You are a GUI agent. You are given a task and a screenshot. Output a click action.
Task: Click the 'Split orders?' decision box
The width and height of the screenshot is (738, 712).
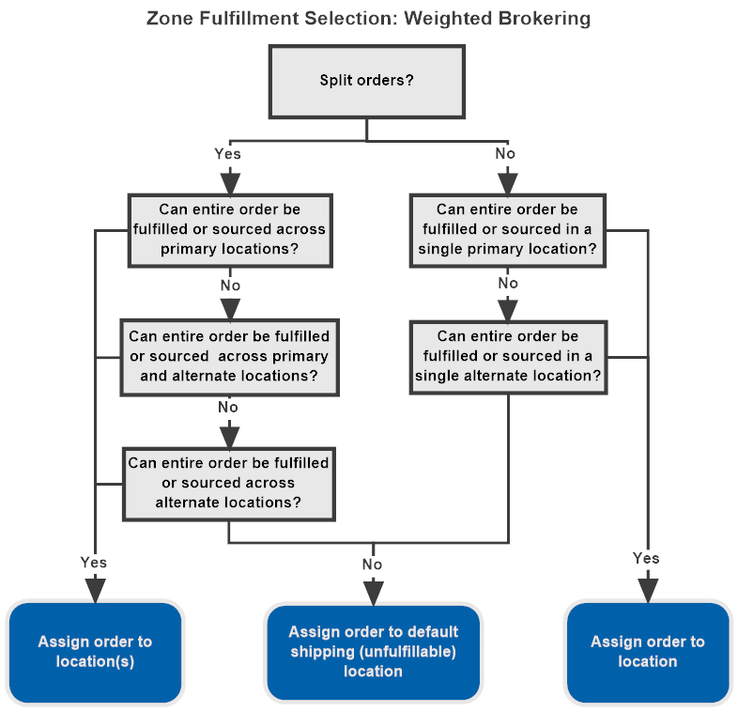366,80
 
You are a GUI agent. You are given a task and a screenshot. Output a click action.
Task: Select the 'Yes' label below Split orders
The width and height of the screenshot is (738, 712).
228,153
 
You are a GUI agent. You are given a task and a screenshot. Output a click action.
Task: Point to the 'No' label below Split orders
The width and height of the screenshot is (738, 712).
507,153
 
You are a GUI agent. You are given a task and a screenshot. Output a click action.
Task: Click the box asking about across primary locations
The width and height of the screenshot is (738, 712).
229,229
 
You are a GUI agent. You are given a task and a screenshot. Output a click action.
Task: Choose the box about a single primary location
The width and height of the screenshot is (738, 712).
507,229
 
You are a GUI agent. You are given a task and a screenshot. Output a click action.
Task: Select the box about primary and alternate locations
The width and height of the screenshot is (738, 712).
229,356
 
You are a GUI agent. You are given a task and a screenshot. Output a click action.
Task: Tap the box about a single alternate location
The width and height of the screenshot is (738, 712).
507,356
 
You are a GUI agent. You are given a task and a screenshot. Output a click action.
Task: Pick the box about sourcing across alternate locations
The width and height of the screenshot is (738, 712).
229,483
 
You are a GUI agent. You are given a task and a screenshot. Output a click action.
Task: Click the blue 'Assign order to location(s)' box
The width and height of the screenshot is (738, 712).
94,652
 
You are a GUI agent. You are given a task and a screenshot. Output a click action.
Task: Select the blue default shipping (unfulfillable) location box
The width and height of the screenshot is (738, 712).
373,652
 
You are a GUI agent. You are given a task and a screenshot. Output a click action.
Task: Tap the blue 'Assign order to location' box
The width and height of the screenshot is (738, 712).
647,652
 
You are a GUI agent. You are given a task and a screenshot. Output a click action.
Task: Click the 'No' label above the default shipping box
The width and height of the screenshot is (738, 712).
373,564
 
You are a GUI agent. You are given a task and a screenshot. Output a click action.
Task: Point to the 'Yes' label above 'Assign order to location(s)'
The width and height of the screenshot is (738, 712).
94,563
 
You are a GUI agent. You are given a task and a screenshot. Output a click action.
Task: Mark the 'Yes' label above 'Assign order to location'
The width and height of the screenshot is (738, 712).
646,558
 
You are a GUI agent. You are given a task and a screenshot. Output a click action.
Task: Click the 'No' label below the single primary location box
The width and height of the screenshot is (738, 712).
507,283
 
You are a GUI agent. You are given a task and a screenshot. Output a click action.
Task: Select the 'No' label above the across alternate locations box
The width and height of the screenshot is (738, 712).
228,408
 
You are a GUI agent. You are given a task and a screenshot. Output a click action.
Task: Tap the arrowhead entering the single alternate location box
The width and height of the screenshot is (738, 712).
507,310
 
